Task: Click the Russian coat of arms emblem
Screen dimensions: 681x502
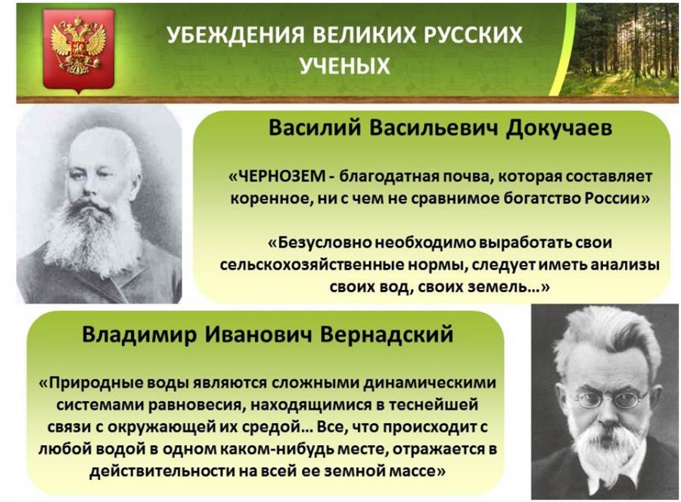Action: tap(79, 48)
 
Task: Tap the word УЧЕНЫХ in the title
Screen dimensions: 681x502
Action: tap(345, 66)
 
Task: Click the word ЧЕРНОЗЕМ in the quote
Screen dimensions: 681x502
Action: tap(282, 176)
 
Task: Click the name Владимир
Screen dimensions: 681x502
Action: tap(139, 335)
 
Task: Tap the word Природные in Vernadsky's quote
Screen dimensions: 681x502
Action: tap(96, 382)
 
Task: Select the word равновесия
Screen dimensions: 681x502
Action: tap(198, 405)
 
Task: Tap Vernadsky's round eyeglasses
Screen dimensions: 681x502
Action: tap(611, 400)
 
